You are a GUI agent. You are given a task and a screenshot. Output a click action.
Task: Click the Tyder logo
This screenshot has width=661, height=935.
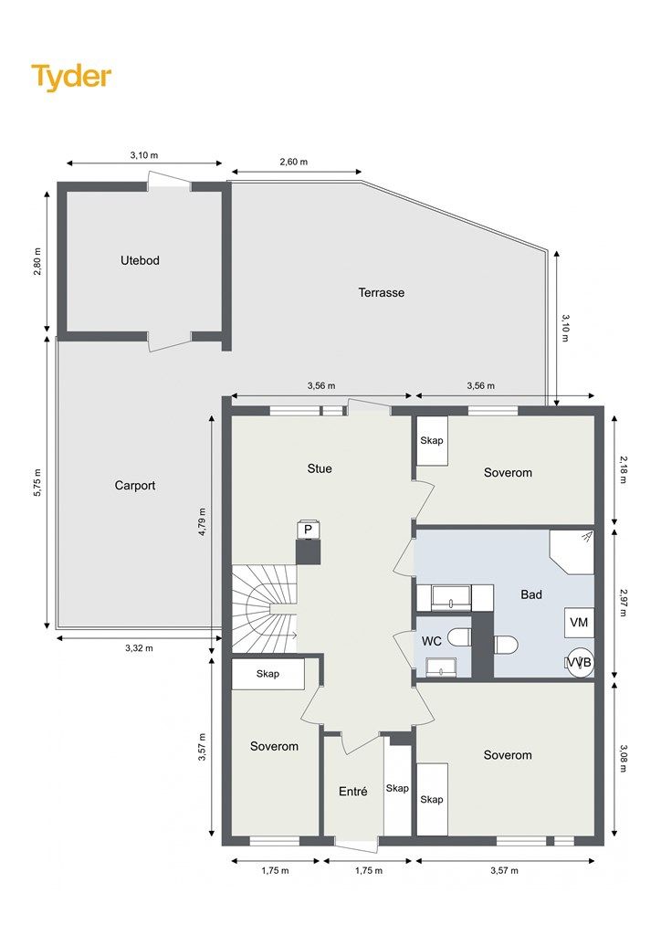[71, 77]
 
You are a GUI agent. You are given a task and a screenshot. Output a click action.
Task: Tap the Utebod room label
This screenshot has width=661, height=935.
[140, 260]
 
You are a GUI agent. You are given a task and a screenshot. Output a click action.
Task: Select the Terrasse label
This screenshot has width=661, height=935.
[382, 293]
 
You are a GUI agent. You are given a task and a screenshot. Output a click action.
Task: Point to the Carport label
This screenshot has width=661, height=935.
[135, 486]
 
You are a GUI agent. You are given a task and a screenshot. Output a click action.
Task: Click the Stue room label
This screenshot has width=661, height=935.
[320, 468]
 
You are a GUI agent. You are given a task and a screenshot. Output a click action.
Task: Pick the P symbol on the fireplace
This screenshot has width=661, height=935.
[309, 530]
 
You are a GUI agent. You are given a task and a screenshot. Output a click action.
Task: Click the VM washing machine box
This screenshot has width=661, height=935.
[579, 623]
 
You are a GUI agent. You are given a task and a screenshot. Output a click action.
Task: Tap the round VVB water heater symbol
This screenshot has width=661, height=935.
[580, 663]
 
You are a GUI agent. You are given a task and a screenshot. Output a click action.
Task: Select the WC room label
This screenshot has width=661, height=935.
[432, 642]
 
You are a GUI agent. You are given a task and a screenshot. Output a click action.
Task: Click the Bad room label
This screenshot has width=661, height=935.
[531, 594]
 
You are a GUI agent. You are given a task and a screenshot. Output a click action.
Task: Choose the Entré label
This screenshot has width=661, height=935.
[352, 792]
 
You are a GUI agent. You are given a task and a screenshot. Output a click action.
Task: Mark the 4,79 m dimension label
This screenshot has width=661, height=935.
[202, 522]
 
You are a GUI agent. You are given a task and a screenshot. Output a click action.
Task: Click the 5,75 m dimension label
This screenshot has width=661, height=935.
[37, 483]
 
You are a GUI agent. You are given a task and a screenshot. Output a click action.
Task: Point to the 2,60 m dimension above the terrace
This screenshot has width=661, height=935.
[294, 162]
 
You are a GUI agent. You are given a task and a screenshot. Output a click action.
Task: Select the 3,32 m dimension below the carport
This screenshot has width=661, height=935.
[139, 648]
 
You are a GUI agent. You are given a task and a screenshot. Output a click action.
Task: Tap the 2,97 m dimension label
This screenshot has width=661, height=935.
[624, 603]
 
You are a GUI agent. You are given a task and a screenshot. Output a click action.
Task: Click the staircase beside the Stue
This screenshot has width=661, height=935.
[264, 608]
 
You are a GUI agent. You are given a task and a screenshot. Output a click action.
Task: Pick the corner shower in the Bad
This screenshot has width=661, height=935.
[572, 552]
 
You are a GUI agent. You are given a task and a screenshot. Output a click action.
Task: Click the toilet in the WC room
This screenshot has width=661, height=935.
[459, 637]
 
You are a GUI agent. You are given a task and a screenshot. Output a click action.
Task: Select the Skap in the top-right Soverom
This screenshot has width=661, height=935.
[432, 441]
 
